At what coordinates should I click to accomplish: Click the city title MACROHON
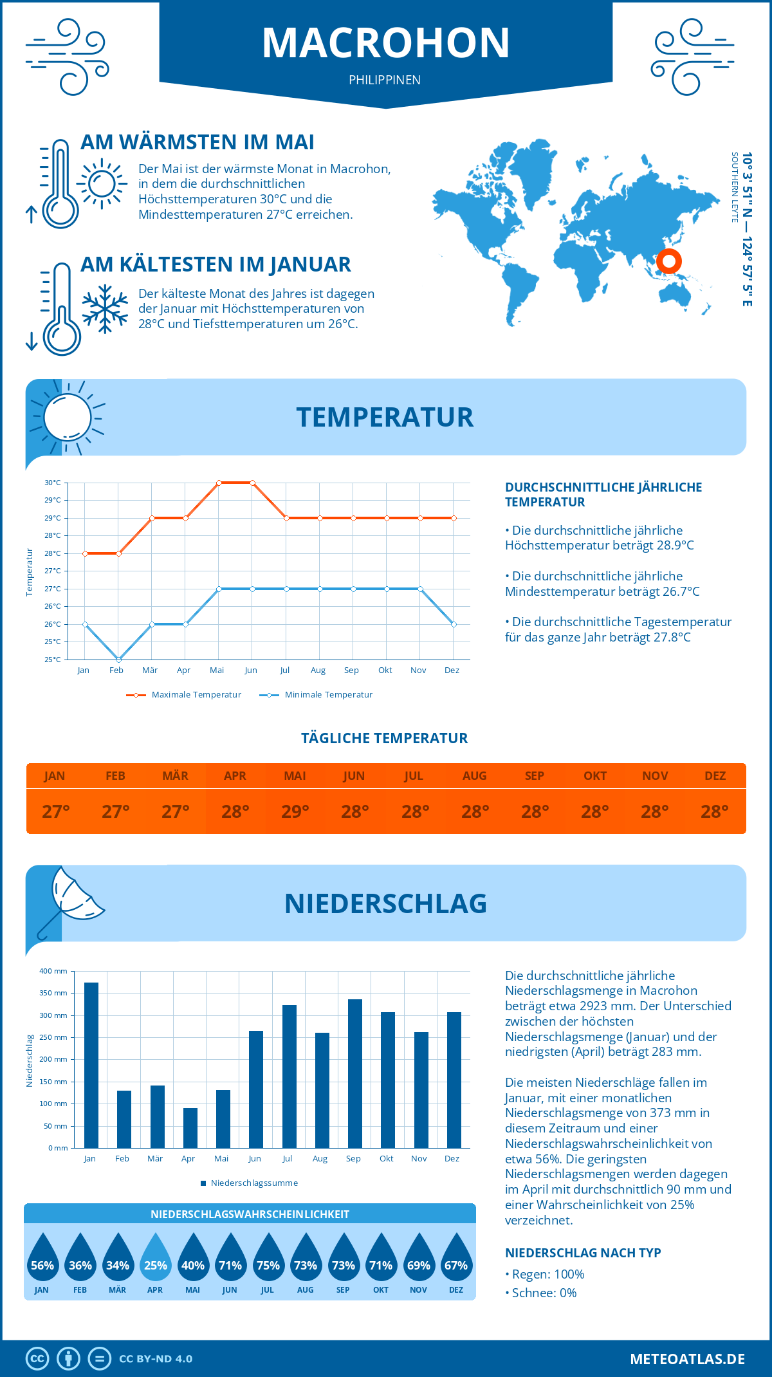tap(385, 43)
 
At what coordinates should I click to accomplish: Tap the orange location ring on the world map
tap(668, 261)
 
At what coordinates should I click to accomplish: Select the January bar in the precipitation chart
tap(91, 1065)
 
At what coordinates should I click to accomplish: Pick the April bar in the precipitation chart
tap(190, 1127)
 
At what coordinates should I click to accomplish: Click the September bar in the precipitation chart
tap(355, 1073)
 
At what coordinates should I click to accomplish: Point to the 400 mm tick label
tap(53, 971)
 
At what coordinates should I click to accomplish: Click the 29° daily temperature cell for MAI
tap(295, 811)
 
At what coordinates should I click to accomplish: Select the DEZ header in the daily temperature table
tap(715, 775)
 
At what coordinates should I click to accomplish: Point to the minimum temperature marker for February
tap(118, 660)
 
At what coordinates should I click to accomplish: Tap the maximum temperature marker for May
tap(219, 483)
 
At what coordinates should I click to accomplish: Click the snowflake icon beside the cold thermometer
tap(105, 309)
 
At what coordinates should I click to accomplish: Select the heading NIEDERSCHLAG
tap(385, 903)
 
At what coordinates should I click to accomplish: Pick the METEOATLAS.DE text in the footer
tap(687, 1359)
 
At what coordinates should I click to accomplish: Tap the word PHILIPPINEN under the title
tap(385, 80)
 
